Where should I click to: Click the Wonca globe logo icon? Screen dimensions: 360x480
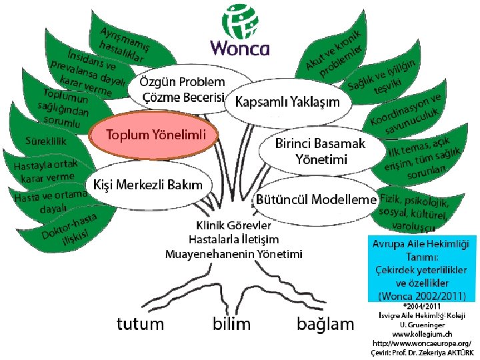[x=239, y=21]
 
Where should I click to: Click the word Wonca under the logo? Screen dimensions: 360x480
[x=240, y=48]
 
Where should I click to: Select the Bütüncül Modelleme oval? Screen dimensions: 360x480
[x=317, y=199]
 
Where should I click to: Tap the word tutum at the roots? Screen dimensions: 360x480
[x=140, y=324]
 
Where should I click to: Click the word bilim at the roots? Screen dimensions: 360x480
[x=231, y=324]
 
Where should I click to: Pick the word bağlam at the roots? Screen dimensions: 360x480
[x=325, y=324]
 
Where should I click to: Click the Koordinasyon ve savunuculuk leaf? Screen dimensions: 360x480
[x=407, y=111]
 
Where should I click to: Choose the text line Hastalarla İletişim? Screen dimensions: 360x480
[x=233, y=239]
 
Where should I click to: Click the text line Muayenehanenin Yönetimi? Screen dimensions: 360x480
[x=233, y=254]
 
